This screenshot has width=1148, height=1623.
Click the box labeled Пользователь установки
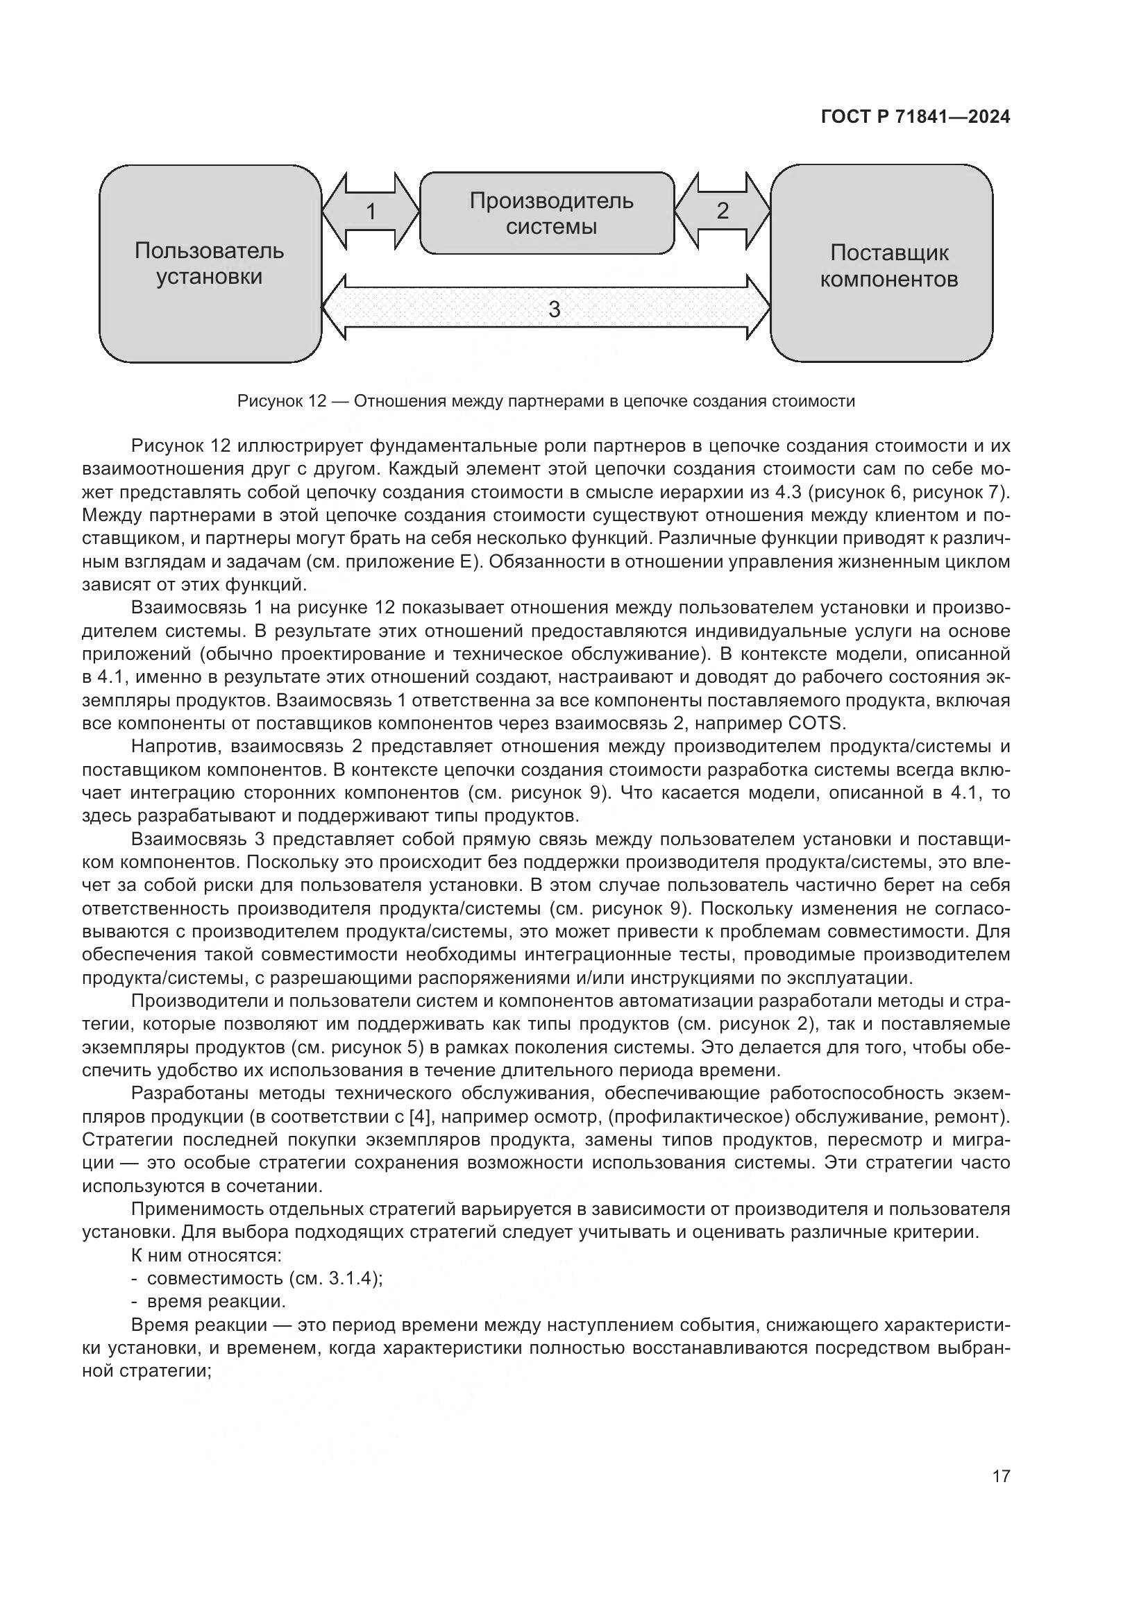210,264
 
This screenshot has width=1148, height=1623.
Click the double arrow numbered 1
371,212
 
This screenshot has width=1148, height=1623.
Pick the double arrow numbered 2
722,211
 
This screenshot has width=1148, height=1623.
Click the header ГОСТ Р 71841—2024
915,117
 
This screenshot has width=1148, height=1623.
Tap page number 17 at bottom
1000,1476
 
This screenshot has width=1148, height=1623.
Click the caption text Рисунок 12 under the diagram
546,402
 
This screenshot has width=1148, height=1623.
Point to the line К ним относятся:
207,1255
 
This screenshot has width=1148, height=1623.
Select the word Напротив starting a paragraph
176,747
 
